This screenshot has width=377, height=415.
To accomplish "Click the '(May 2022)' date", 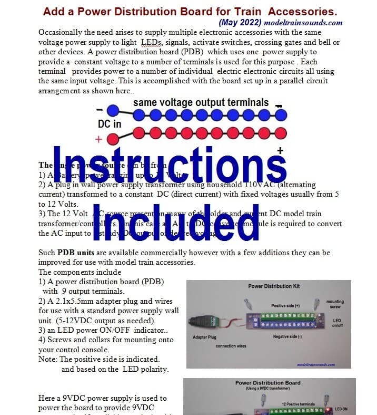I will (x=240, y=23).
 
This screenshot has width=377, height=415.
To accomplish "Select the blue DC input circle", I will (x=113, y=111).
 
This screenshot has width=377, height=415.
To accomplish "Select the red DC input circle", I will (x=113, y=139).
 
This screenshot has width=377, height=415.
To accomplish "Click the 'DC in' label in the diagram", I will (x=110, y=124).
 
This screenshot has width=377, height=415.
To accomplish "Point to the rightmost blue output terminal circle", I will (x=281, y=114).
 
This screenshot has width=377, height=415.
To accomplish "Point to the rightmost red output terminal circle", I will (x=281, y=132).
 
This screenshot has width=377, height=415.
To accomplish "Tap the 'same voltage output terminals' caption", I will (x=201, y=102).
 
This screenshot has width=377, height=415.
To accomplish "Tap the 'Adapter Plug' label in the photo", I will (x=207, y=336).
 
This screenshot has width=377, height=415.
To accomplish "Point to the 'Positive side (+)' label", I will (x=286, y=305).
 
